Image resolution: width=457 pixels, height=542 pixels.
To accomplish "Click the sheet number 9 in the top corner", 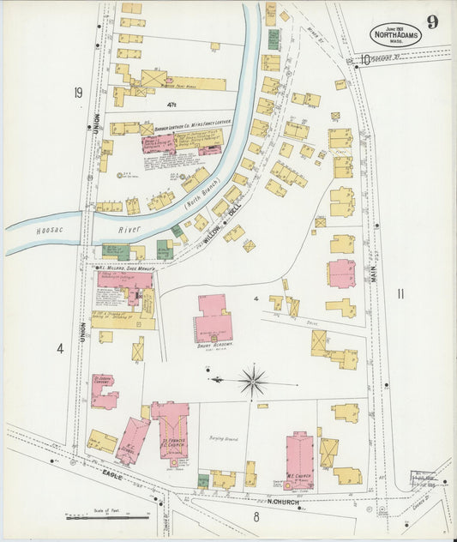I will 434,22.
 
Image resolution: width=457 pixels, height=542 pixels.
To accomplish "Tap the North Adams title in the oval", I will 395,35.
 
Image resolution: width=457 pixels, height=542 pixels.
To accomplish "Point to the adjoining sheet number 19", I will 78,93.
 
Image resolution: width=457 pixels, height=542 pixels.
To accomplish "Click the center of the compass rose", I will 253,378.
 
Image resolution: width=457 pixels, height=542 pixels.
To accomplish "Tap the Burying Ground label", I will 222,438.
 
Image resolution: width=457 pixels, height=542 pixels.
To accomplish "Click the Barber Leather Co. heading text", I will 180,129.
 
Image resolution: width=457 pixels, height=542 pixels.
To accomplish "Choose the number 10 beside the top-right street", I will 364,60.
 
